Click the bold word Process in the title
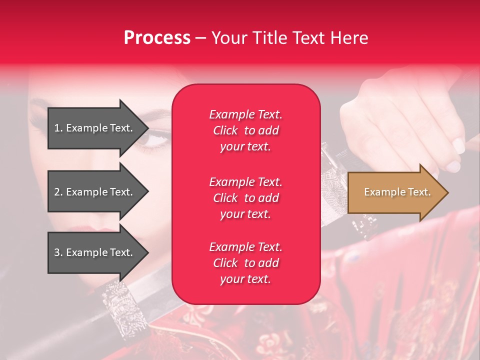click(157, 38)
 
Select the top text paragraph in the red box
click(245, 130)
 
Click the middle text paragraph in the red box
click(245, 198)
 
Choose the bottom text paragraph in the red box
click(245, 263)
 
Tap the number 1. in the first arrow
click(58, 128)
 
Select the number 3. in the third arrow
click(58, 252)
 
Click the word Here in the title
click(350, 38)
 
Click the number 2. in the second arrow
click(58, 192)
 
